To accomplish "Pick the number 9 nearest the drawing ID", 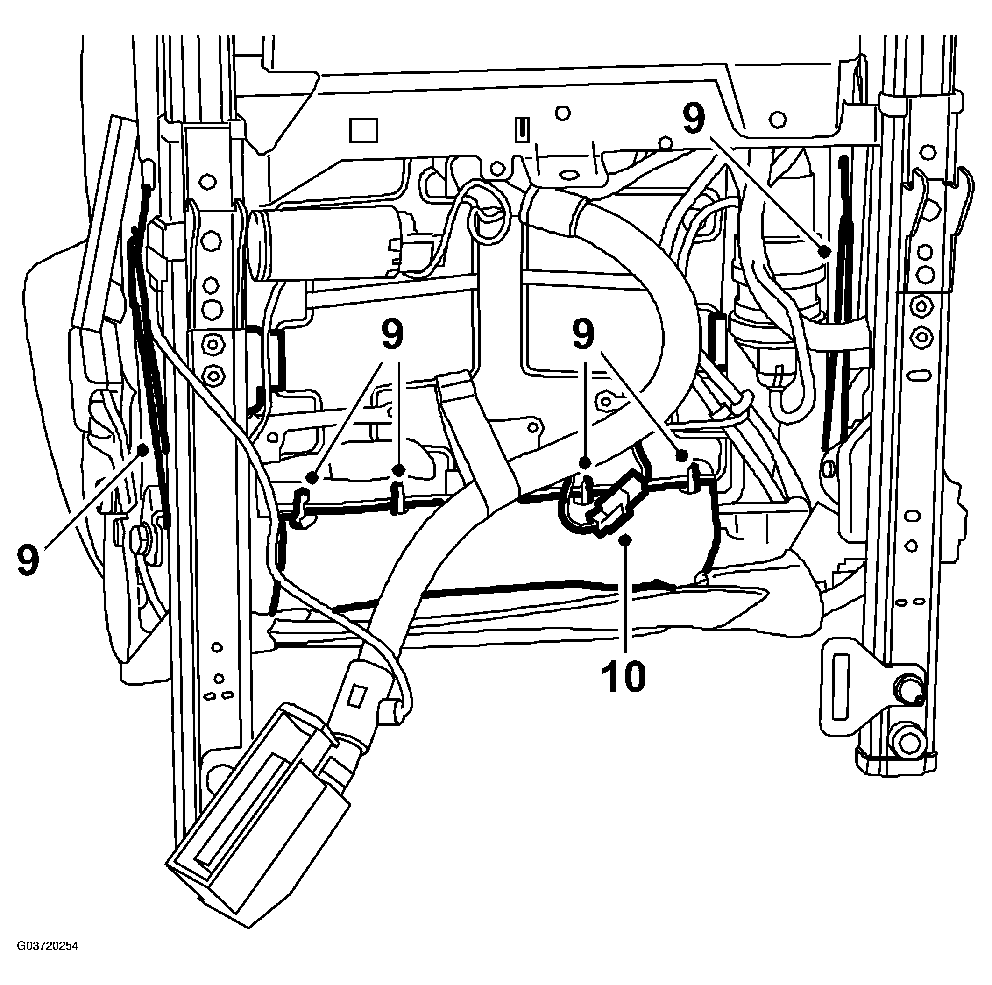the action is [28, 561].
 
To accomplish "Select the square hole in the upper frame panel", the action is [363, 130].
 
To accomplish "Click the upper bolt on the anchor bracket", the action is [907, 687].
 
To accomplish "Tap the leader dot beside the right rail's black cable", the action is [825, 251].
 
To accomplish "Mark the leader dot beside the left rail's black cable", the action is [143, 450].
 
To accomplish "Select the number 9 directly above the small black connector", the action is [584, 335].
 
